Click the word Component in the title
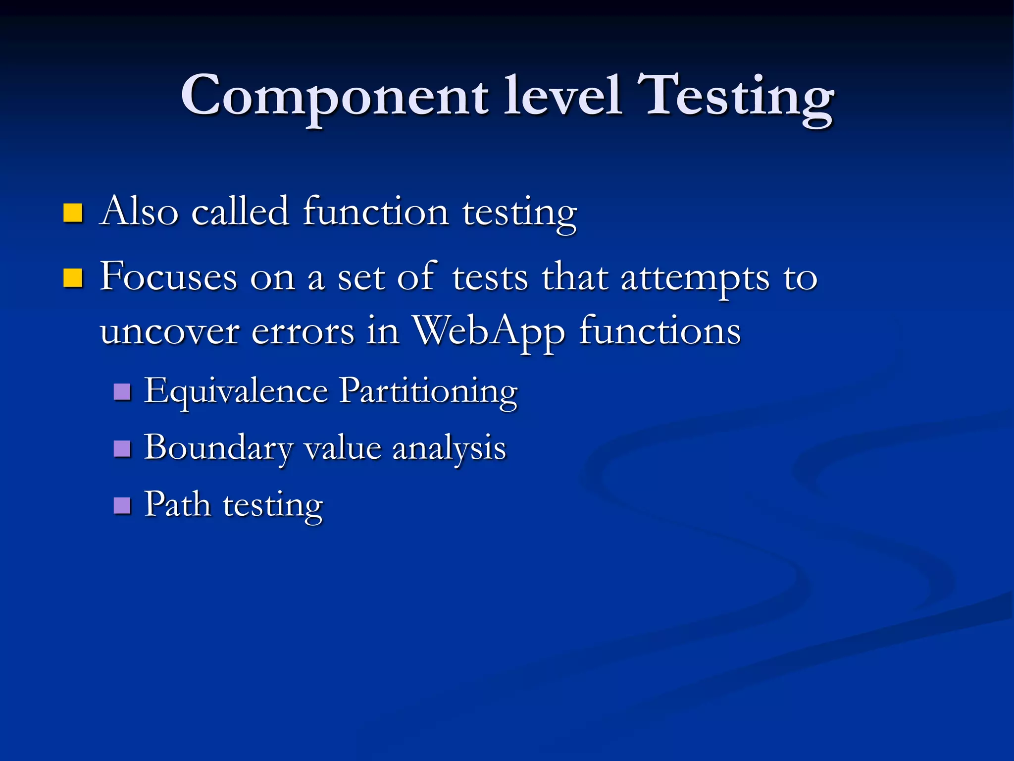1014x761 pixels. tap(335, 97)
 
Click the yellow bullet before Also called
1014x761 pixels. tap(73, 213)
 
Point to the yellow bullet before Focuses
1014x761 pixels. tap(73, 278)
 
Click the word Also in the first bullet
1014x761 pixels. tap(139, 212)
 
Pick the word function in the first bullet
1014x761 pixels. tap(376, 212)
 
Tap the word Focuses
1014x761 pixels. tap(168, 277)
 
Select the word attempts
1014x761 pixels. tap(695, 278)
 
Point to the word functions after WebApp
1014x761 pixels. tap(659, 330)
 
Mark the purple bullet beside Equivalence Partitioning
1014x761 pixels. tap(122, 392)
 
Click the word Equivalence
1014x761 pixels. tap(236, 392)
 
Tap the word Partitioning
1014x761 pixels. tap(429, 392)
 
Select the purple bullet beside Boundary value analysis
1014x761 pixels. tap(122, 448)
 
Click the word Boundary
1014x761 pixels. tap(218, 448)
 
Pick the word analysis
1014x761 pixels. tap(449, 448)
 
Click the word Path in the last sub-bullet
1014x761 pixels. tap(177, 504)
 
